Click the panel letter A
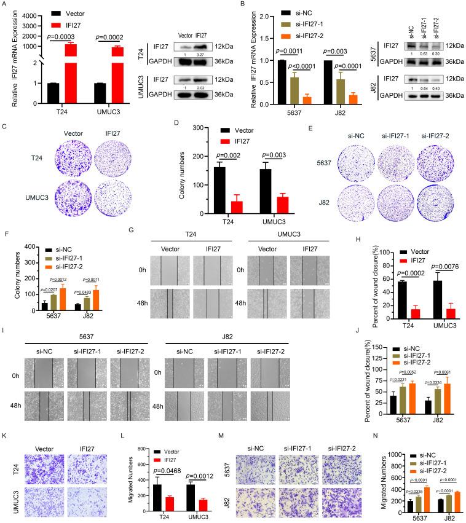[4, 4]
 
